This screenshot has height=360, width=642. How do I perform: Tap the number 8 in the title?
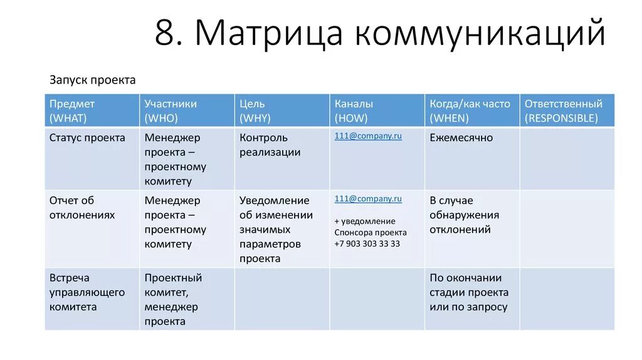164,34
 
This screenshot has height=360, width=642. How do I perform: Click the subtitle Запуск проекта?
92,80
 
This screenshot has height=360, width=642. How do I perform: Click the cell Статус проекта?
87,138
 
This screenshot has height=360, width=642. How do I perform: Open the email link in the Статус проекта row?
368,136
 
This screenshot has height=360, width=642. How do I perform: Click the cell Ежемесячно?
461,138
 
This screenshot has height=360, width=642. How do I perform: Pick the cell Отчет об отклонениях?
82,208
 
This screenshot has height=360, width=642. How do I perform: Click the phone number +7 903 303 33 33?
367,244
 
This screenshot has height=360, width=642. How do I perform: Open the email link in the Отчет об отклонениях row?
368,199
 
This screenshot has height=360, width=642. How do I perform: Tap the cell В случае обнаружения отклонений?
464,215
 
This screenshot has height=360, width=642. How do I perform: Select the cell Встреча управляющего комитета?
87,292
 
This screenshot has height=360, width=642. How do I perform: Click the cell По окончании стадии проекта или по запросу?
469,292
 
